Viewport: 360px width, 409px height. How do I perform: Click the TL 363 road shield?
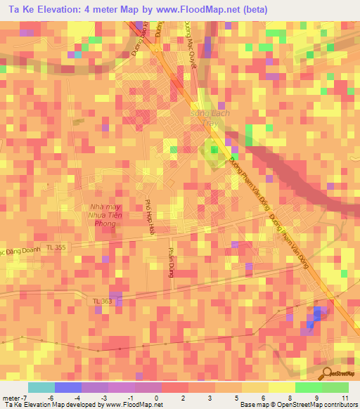[x=102, y=301]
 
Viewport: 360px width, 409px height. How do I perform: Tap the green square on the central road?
[x=212, y=150]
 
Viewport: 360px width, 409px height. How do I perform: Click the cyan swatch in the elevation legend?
[x=41, y=387]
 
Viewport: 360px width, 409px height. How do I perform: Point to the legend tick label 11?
[x=345, y=398]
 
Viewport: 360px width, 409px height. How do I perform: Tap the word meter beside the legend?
[x=12, y=398]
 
